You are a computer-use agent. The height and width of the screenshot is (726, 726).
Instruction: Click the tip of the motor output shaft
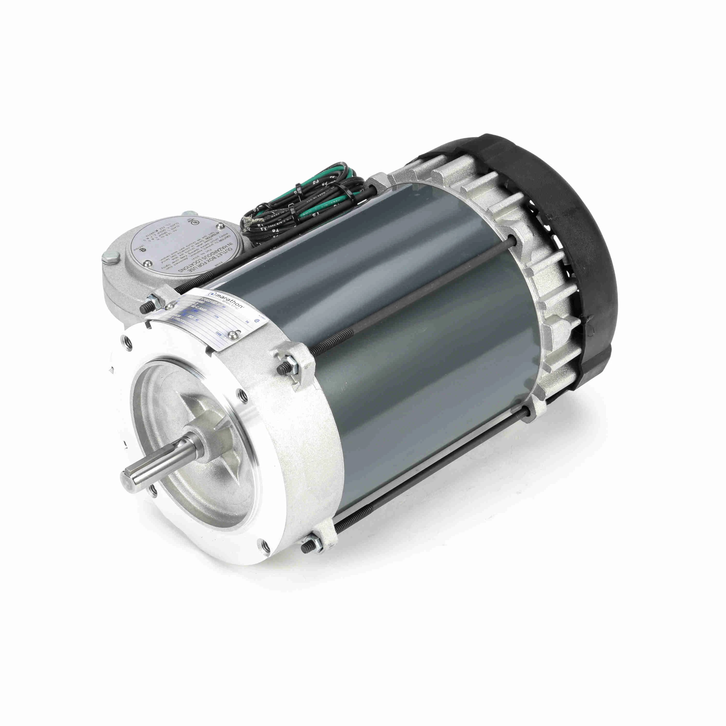(x=128, y=478)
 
